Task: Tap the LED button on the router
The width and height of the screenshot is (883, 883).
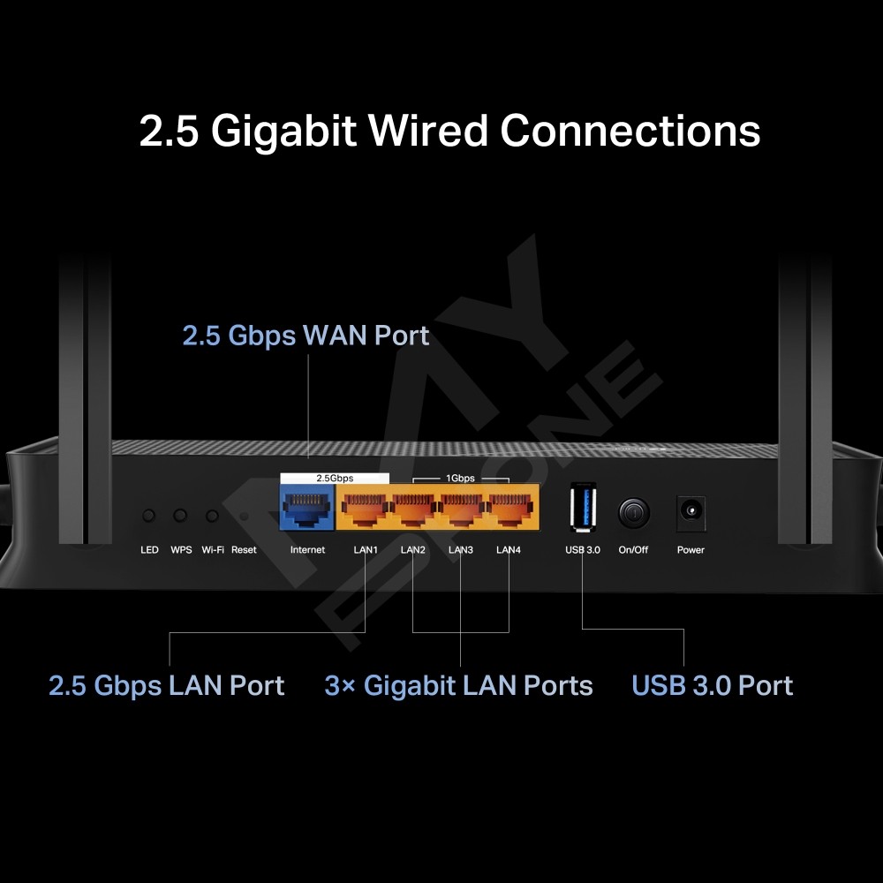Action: pyautogui.click(x=149, y=515)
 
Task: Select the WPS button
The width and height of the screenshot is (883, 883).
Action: pyautogui.click(x=181, y=515)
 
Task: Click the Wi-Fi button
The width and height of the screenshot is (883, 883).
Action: pyautogui.click(x=212, y=515)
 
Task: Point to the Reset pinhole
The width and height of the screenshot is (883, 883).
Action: pyautogui.click(x=243, y=516)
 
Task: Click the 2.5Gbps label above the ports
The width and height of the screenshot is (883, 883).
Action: pyautogui.click(x=335, y=478)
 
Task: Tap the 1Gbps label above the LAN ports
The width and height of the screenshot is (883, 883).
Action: pyautogui.click(x=460, y=478)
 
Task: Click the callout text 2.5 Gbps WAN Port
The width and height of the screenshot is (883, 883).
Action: pyautogui.click(x=306, y=336)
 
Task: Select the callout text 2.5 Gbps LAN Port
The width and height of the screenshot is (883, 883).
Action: pyautogui.click(x=167, y=686)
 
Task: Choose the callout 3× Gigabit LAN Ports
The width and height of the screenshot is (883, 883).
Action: pyautogui.click(x=459, y=686)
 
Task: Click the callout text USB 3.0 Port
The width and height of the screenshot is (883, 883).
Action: pyautogui.click(x=713, y=686)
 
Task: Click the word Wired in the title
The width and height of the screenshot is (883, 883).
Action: pyautogui.click(x=427, y=131)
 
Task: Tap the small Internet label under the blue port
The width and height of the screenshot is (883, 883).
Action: pyautogui.click(x=307, y=550)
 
